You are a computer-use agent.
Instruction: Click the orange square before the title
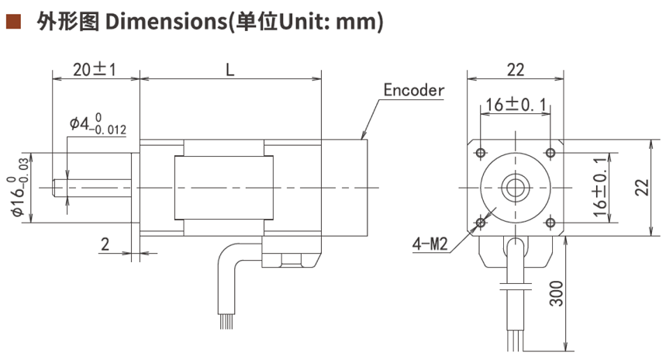pos(12,22)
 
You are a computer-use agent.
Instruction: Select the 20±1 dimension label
pos(94,68)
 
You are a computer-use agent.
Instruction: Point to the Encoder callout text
pos(414,89)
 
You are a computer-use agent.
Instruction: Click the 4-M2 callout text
pos(430,245)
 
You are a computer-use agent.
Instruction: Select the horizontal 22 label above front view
pos(515,68)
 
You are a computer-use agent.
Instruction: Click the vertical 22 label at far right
pos(640,186)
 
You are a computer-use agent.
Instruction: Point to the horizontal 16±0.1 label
pos(516,104)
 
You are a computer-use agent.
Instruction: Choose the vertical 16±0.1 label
pos(597,186)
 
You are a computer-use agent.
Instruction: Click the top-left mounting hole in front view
pos(481,151)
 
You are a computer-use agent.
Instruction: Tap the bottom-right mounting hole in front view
pos(550,223)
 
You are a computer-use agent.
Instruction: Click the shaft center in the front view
pos(516,187)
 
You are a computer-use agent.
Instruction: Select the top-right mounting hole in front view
pos(550,151)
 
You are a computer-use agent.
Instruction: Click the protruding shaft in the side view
pos(93,187)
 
